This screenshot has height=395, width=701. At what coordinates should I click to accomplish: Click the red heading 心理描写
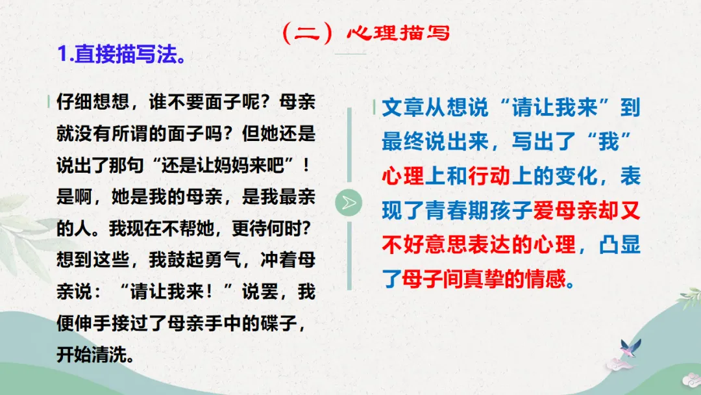tap(398, 33)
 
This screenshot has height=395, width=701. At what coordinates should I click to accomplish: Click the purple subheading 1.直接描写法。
tap(123, 54)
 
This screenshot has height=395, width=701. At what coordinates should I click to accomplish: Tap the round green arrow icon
tap(349, 203)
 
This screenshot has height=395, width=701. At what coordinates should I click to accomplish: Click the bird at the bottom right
tap(629, 348)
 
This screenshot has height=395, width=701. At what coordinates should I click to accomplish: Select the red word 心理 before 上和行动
tap(402, 177)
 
